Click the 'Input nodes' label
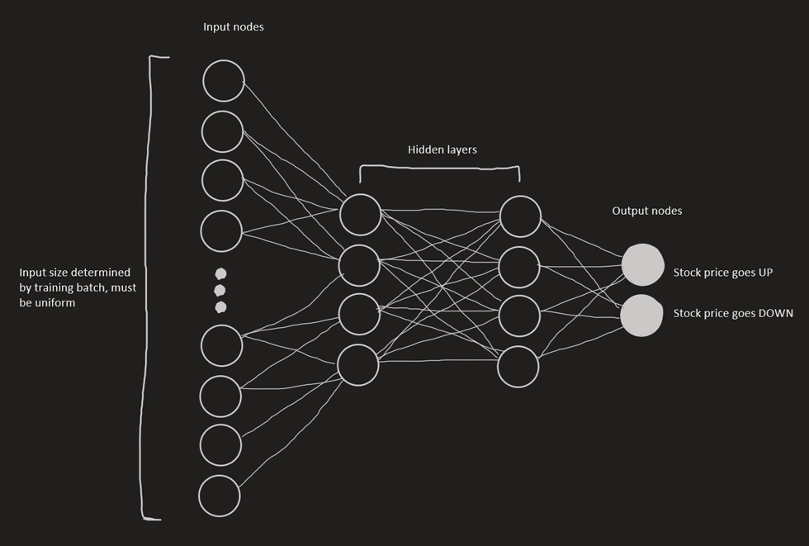[234, 27]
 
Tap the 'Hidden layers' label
[442, 150]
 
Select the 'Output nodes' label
[647, 211]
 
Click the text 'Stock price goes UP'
[722, 273]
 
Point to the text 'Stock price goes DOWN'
[733, 314]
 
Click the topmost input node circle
[224, 81]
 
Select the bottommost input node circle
[220, 496]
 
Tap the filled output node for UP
[642, 265]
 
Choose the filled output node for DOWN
[641, 316]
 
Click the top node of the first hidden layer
[360, 215]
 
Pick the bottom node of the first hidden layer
[357, 365]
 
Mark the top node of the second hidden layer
[520, 216]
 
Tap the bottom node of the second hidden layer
[518, 367]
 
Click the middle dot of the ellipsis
[220, 290]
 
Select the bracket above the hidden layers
[439, 169]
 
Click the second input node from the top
[222, 131]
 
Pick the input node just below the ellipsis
[222, 345]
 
